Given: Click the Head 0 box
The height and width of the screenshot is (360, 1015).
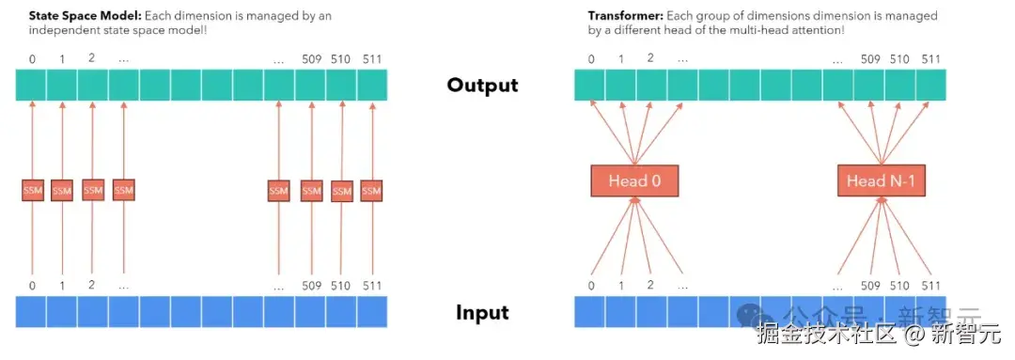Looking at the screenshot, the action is point(634,180).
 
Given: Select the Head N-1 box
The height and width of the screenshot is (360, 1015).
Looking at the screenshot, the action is point(881,180).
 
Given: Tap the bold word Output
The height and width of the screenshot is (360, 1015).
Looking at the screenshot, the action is point(482,86).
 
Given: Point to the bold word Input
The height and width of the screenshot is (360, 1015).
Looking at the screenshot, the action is point(482,312).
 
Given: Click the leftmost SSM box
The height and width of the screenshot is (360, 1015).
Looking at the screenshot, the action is point(32,191).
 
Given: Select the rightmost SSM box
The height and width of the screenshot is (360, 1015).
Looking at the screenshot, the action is point(371,191).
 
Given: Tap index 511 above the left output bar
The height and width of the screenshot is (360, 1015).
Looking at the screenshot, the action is point(371,59).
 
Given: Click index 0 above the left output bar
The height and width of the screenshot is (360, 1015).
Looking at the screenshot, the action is point(32,59).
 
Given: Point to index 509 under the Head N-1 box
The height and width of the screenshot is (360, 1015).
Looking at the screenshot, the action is point(870,286).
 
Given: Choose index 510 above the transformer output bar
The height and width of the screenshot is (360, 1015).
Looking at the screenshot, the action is point(900,59).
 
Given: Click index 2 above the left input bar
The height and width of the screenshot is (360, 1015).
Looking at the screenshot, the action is point(92,284).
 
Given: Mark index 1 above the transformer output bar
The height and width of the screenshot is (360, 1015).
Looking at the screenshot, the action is point(621,59).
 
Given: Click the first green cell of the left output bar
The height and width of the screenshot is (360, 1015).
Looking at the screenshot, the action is point(30,86).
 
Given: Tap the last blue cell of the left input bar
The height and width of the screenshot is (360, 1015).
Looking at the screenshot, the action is point(372,311).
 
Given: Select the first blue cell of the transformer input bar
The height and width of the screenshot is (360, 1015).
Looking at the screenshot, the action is point(589,311).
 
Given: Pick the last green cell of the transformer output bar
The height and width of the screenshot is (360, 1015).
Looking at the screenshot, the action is point(930,86).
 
